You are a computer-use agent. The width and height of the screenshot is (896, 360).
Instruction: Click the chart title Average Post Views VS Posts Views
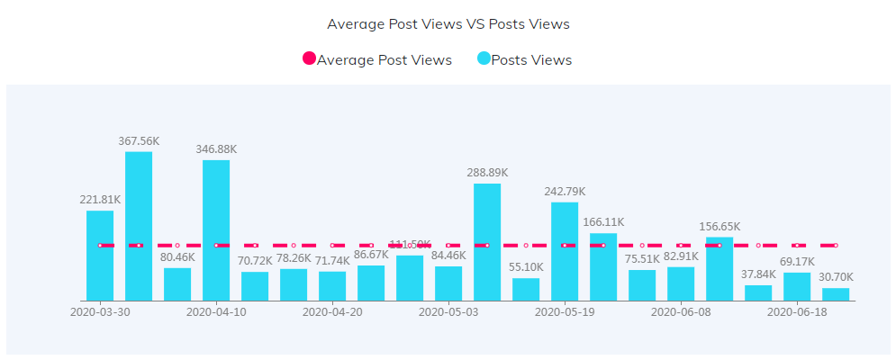[x=448, y=23]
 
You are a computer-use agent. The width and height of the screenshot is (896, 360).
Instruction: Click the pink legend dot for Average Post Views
[x=309, y=59]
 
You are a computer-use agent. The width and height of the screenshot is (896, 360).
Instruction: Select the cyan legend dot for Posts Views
[x=484, y=59]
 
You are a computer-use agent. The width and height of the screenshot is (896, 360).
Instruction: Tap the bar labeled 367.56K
[x=139, y=226]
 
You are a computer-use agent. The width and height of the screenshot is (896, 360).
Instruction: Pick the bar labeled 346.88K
[x=216, y=230]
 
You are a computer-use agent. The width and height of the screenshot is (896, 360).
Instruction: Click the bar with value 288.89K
[x=487, y=242]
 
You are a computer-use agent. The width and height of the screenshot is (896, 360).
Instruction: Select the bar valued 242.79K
[x=565, y=251]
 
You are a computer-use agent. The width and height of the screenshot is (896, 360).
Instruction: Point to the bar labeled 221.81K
[x=100, y=256]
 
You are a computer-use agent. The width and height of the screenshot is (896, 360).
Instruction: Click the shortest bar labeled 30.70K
[x=836, y=294]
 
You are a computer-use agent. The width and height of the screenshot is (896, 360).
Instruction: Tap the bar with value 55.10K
[x=526, y=289]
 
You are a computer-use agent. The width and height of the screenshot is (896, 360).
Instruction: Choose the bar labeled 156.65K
[x=720, y=269]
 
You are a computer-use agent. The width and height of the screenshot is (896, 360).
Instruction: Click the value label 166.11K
[x=603, y=221]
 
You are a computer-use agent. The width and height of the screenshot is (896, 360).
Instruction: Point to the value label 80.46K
[x=177, y=256]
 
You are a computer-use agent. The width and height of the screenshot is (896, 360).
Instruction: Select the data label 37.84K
[x=758, y=274]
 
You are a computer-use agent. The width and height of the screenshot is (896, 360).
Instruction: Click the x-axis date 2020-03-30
[x=100, y=311]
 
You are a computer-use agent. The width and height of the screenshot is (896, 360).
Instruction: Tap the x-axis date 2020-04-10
[x=216, y=311]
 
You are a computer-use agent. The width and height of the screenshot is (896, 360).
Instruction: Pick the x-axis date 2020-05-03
[x=448, y=311]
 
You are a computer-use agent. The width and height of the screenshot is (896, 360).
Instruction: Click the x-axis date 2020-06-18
[x=797, y=311]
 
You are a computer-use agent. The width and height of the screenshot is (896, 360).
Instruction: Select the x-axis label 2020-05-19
[x=565, y=311]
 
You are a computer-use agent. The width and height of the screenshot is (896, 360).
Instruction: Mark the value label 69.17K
[x=797, y=261]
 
